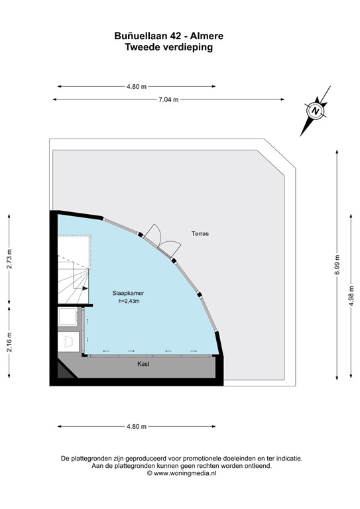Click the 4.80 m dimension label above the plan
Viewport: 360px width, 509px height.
(x=136, y=86)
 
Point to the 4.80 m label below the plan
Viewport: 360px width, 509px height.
(x=136, y=426)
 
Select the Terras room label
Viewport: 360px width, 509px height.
(x=200, y=234)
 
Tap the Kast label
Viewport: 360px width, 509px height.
(x=143, y=364)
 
